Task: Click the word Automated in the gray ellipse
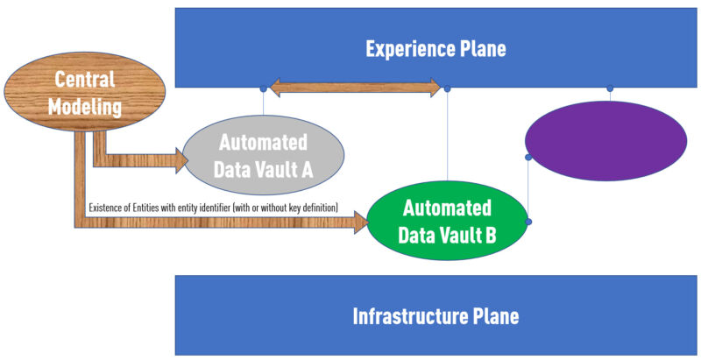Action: (263, 142)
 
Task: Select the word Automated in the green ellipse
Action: (446, 209)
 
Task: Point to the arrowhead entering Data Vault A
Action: (181, 159)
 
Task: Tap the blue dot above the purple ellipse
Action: (610, 88)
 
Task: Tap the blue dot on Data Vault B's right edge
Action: (528, 222)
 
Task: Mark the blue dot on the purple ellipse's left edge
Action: (528, 158)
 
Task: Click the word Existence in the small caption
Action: (107, 208)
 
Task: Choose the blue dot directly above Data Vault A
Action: (263, 88)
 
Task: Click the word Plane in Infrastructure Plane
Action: (494, 315)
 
